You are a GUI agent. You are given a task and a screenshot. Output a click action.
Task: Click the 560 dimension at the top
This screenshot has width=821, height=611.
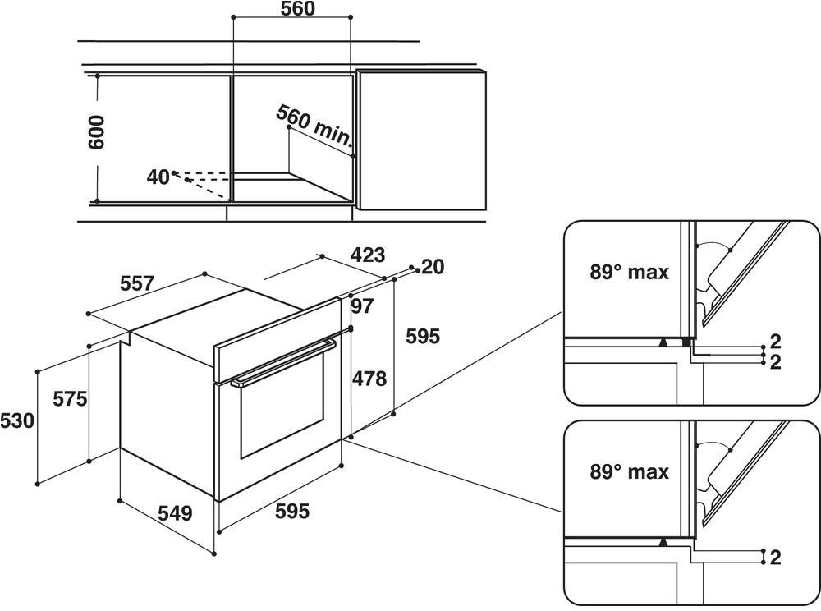pyautogui.click(x=298, y=8)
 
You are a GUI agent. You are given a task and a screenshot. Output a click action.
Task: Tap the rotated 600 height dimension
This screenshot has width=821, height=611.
pyautogui.click(x=97, y=133)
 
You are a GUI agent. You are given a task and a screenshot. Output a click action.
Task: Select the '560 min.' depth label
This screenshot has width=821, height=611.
pyautogui.click(x=314, y=125)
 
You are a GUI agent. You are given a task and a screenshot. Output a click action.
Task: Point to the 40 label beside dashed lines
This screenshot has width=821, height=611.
pyautogui.click(x=158, y=177)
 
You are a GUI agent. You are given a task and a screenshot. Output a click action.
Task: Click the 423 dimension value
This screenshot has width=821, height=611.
pyautogui.click(x=368, y=255)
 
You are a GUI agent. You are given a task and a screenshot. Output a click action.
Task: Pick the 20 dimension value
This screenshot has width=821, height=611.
pyautogui.click(x=433, y=267)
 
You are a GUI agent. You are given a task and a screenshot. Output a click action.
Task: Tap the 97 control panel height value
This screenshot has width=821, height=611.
pyautogui.click(x=362, y=306)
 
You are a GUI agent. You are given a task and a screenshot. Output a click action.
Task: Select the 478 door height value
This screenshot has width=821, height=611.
pyautogui.click(x=369, y=379)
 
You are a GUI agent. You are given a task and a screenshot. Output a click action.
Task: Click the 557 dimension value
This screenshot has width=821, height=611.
pyautogui.click(x=137, y=284)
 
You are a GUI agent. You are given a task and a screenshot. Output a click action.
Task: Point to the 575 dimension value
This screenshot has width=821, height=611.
pyautogui.click(x=70, y=399)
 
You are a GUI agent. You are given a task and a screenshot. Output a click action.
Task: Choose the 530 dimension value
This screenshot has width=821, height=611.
pyautogui.click(x=17, y=421)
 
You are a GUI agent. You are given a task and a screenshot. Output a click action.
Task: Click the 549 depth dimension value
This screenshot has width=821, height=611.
pyautogui.click(x=176, y=513)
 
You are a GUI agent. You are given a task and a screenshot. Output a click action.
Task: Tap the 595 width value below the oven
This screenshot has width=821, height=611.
pyautogui.click(x=292, y=512)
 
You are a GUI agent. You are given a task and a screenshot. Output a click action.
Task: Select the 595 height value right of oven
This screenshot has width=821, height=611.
pyautogui.click(x=423, y=337)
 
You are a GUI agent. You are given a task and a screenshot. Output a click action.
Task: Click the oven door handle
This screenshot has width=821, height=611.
pyautogui.click(x=283, y=362)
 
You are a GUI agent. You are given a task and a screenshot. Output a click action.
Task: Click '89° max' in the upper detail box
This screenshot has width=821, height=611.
pyautogui.click(x=630, y=273)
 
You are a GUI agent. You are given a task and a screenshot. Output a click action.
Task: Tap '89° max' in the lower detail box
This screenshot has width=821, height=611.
pyautogui.click(x=630, y=472)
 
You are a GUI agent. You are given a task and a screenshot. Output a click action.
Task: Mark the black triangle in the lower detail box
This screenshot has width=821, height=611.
pyautogui.click(x=663, y=542)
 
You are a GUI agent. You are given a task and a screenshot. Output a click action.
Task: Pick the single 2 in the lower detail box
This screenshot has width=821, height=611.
pyautogui.click(x=776, y=558)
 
